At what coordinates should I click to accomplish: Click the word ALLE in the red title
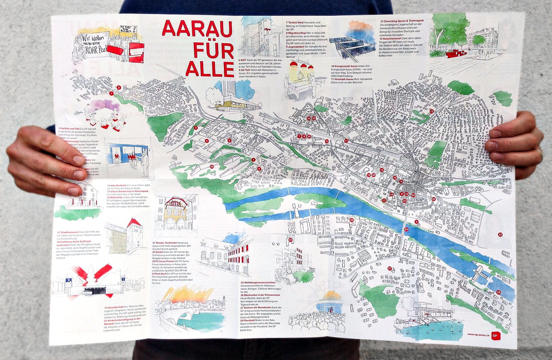[x=210, y=68]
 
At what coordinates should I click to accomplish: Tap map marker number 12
[x=431, y=111]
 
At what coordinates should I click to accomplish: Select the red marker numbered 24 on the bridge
[x=406, y=229]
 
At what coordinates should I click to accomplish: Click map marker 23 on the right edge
[x=500, y=235]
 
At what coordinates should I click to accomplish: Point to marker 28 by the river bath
[x=499, y=292]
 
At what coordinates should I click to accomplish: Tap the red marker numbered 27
[x=390, y=268]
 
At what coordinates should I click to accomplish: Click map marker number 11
[x=346, y=141]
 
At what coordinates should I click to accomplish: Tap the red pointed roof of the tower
[x=133, y=222]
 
